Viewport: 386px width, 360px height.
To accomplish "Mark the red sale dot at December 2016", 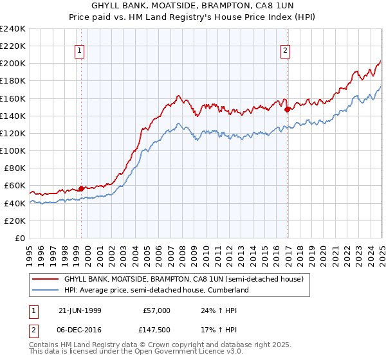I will pyautogui.click(x=287, y=109).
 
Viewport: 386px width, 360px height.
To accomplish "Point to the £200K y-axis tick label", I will pyautogui.click(x=12, y=64).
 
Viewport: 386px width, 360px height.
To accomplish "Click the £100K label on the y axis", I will pyautogui.click(x=12, y=150).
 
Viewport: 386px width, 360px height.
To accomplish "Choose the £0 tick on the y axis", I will pyautogui.click(x=19, y=238).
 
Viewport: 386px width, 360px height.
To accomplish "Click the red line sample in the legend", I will pyautogui.click(x=46, y=279).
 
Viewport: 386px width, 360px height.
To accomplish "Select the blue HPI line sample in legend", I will pyautogui.click(x=46, y=290).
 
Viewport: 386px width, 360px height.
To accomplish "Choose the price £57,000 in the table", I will pyautogui.click(x=157, y=310).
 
